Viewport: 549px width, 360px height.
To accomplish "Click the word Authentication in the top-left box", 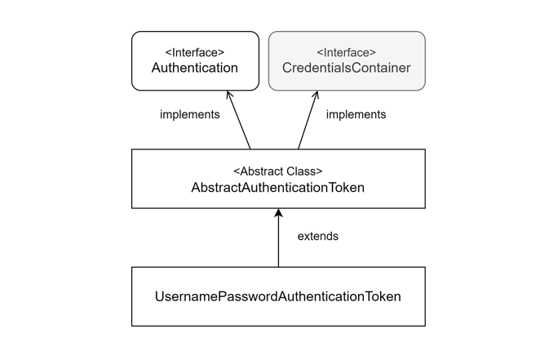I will pos(194,69).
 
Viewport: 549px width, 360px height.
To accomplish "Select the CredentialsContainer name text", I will pos(347,69).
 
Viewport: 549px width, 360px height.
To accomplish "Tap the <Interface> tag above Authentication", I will pos(194,52).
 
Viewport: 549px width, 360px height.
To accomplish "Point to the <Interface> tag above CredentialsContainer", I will pos(347,52).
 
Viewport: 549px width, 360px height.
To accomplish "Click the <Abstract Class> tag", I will pos(277,171).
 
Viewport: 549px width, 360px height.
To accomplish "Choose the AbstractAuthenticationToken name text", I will pos(277,188).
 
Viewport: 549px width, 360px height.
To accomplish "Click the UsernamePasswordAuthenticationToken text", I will pos(277,297).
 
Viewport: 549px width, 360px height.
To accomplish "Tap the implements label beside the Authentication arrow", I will pos(189,115).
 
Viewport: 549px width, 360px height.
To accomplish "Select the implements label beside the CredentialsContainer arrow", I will pos(356,115).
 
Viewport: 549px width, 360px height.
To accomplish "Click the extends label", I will pos(317,237).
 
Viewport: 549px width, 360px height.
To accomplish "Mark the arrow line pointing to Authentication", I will pos(241,122).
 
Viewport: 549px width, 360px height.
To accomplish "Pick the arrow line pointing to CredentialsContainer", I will pos(307,122).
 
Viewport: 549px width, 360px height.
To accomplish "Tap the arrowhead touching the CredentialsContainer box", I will pos(316,95).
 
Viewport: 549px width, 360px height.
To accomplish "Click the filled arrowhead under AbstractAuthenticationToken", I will pos(278,213).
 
